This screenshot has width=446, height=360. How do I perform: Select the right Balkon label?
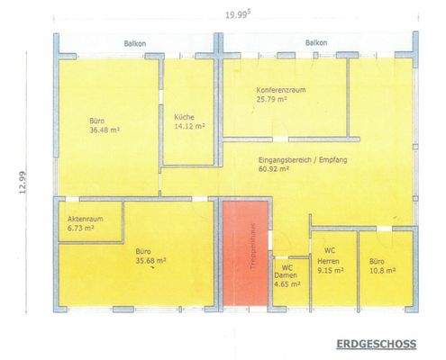pyautogui.click(x=315, y=43)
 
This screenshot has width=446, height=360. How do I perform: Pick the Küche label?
pyautogui.click(x=185, y=117)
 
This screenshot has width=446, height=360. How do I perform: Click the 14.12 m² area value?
pyautogui.click(x=186, y=127)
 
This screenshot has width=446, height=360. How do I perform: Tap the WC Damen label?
pyautogui.click(x=287, y=272)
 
